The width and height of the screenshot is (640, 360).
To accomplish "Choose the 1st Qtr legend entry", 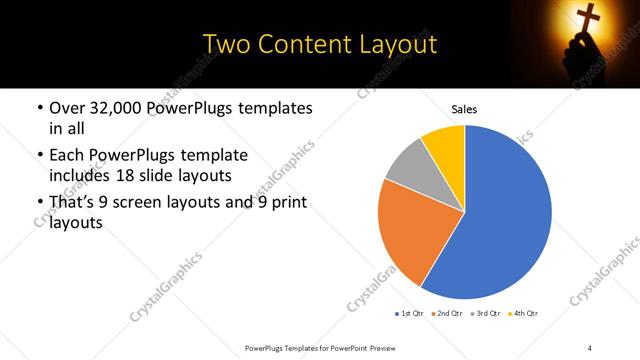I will [x=410, y=314].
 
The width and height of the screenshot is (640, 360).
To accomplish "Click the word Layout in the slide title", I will [x=391, y=44].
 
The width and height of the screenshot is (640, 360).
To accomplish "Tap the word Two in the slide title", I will [x=227, y=44].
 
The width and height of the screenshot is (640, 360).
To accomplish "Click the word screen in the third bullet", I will [x=146, y=203].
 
